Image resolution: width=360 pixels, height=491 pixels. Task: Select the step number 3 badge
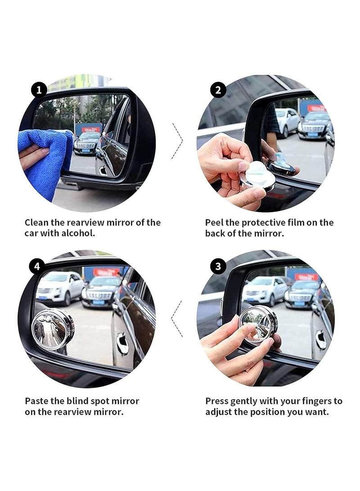click(218, 266)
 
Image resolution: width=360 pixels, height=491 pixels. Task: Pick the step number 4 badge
click(37, 266)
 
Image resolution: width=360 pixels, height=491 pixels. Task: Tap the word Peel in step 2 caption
click(214, 222)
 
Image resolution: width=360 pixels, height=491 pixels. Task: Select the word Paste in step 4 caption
click(36, 401)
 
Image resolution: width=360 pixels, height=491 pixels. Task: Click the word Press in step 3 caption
click(216, 401)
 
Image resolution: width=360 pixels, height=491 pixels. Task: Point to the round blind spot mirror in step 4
click(52, 329)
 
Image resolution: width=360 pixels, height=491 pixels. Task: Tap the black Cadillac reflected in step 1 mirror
click(86, 143)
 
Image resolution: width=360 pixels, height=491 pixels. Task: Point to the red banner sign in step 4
click(106, 271)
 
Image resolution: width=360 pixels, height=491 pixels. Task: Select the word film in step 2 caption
click(301, 222)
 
